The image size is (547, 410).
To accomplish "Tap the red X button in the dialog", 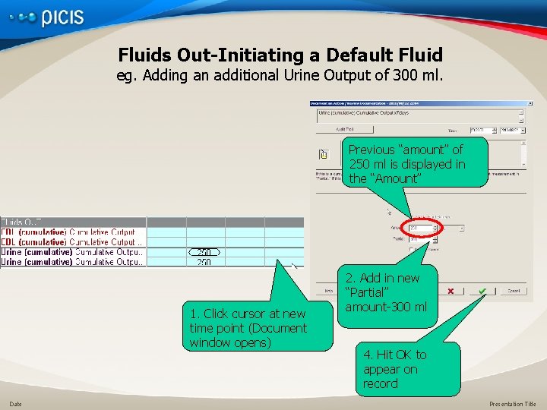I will (x=451, y=291).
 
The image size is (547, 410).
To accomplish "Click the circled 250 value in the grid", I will (x=204, y=252).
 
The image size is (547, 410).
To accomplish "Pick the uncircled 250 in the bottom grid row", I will (x=204, y=262).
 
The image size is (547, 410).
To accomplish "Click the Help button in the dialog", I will (x=329, y=291).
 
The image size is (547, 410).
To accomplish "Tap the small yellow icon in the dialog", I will (x=323, y=154).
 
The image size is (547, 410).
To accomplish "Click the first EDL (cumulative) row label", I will (x=68, y=232).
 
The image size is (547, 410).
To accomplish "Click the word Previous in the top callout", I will (x=372, y=150).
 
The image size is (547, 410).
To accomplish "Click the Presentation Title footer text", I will (x=512, y=404).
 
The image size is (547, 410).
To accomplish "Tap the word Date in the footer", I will (x=15, y=404).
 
